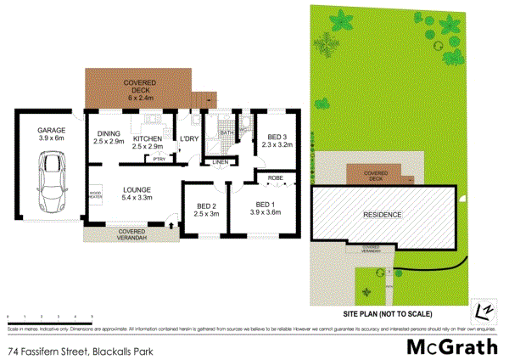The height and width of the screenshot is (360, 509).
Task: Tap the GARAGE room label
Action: pyautogui.click(x=52, y=133)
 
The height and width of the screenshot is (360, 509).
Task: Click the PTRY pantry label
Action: pyautogui.click(x=159, y=159)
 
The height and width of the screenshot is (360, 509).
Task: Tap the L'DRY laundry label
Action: pyautogui.click(x=188, y=140)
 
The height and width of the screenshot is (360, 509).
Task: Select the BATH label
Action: pyautogui.click(x=227, y=134)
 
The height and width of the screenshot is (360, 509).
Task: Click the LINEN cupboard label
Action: pyautogui.click(x=221, y=161)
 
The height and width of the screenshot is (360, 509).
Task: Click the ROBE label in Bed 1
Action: pyautogui.click(x=276, y=178)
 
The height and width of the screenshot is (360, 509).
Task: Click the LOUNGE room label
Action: pyautogui.click(x=137, y=194)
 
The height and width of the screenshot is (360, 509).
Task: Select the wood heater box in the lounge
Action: pyautogui.click(x=96, y=195)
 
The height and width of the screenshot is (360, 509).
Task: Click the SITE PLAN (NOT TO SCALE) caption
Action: pyautogui.click(x=381, y=314)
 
